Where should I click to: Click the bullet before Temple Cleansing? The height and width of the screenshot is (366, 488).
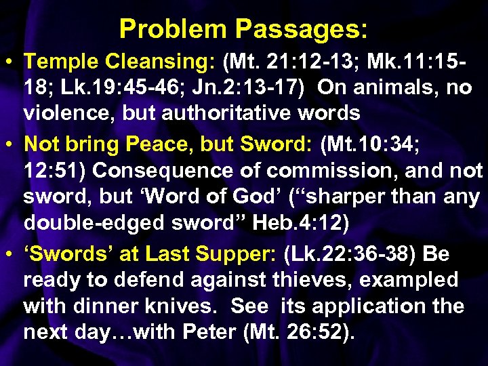coord(14,62)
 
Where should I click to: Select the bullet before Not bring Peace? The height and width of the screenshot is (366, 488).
coord(14,144)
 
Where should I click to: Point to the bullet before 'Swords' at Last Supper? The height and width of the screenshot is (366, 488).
coord(14,254)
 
